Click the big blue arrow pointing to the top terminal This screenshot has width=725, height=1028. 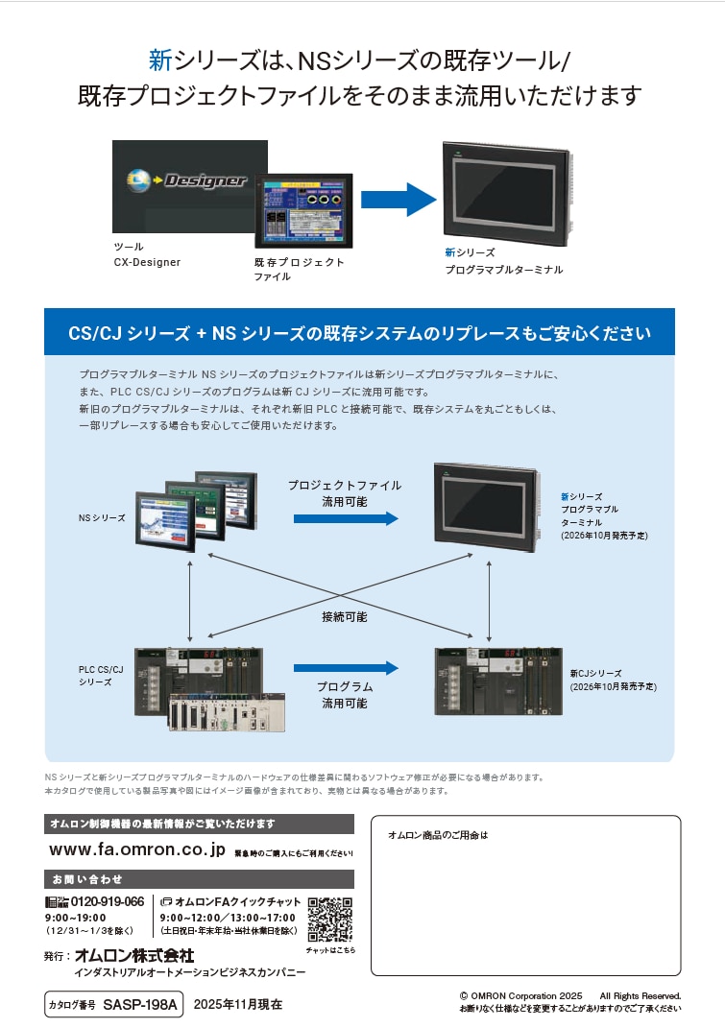pos(399,199)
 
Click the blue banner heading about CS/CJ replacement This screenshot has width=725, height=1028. pos(360,334)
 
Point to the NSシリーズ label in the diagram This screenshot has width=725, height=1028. pos(102,518)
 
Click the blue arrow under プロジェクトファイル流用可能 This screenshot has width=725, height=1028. pos(345,518)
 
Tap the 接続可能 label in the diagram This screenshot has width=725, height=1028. pos(345,617)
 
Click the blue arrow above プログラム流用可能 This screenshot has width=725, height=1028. pos(345,667)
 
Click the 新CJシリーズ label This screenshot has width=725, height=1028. pos(595,674)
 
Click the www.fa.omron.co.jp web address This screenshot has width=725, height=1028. pos(136,850)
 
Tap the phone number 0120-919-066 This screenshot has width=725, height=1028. pos(107,902)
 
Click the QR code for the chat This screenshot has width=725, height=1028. pos(329,920)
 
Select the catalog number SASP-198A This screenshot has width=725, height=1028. pos(140,1005)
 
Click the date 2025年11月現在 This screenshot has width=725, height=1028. pos(238,1005)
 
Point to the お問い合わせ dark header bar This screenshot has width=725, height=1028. pos(200,878)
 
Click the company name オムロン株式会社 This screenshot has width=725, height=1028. pos(133,956)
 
